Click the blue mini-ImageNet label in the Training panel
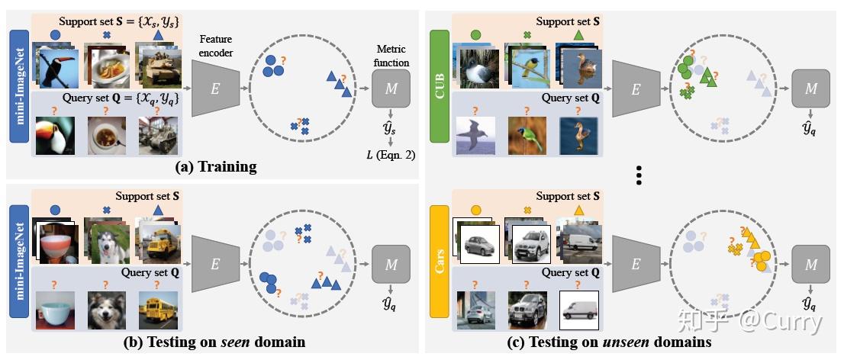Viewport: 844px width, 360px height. tap(19, 87)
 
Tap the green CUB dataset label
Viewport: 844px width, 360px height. tap(440, 87)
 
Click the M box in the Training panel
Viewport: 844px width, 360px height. tap(391, 88)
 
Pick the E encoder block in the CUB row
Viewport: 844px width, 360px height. tap(636, 88)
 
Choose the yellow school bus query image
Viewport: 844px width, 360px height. tap(158, 310)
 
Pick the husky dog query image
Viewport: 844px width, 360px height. tap(107, 310)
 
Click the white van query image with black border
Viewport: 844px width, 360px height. tap(579, 310)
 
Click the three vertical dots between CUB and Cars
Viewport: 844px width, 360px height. tap(639, 175)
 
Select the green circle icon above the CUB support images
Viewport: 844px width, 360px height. tap(475, 35)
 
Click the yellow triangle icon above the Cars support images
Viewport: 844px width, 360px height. tap(579, 210)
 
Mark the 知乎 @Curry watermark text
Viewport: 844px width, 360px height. tap(750, 322)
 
